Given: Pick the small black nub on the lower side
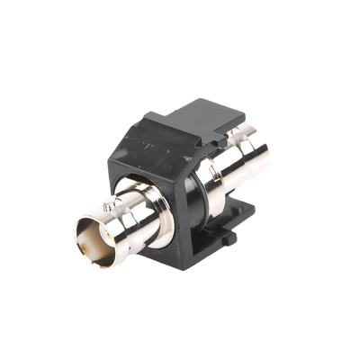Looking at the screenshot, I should point(221,237).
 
